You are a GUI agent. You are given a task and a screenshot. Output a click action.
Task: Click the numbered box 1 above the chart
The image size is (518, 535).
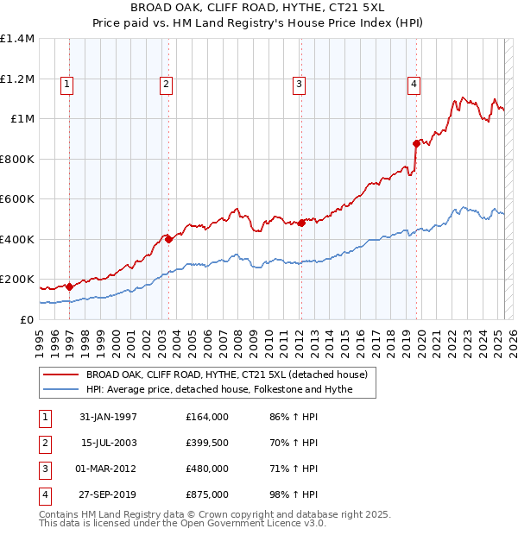click(67, 84)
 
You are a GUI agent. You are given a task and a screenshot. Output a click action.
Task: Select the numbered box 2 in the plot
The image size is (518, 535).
click(166, 84)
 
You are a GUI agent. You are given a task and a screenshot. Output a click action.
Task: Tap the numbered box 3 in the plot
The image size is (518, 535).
click(298, 84)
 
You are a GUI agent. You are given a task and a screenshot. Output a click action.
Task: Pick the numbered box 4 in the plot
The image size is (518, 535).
click(414, 84)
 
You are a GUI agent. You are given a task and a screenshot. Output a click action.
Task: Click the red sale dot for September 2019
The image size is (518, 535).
click(416, 143)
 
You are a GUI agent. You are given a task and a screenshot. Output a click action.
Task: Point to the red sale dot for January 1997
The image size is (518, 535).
click(69, 286)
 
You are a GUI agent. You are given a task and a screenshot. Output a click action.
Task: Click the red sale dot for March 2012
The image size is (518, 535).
click(301, 223)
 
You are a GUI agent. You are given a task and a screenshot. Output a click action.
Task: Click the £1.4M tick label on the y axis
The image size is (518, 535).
click(17, 39)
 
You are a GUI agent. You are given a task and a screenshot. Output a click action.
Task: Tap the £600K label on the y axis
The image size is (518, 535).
click(17, 198)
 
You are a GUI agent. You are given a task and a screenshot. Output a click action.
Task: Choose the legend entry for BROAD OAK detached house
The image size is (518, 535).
click(226, 374)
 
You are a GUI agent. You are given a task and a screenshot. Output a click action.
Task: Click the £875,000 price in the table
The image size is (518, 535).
click(207, 494)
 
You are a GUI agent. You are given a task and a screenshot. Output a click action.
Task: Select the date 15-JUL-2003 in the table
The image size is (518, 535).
click(109, 443)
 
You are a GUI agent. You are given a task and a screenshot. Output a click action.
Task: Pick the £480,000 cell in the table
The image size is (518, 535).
click(207, 469)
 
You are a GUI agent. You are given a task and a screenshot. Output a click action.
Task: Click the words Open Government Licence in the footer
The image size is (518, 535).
click(259, 523)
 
